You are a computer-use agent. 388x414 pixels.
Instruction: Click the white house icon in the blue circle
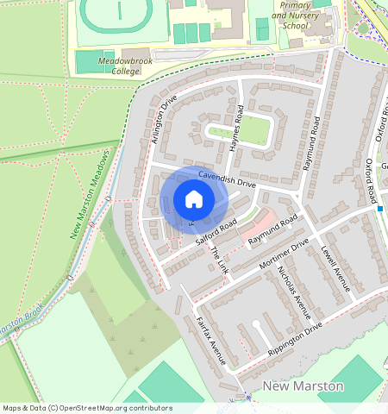194,200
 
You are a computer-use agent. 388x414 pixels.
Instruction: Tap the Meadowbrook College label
119,67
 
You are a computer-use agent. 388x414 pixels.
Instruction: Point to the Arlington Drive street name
163,121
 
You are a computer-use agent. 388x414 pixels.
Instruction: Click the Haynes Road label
238,129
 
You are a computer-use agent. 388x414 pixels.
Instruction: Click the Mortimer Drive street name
283,255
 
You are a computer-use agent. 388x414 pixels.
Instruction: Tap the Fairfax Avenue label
210,341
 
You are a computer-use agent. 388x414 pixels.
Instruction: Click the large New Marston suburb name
303,386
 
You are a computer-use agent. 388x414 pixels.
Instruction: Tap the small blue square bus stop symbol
379,208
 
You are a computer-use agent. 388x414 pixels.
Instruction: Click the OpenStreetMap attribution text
86,408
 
